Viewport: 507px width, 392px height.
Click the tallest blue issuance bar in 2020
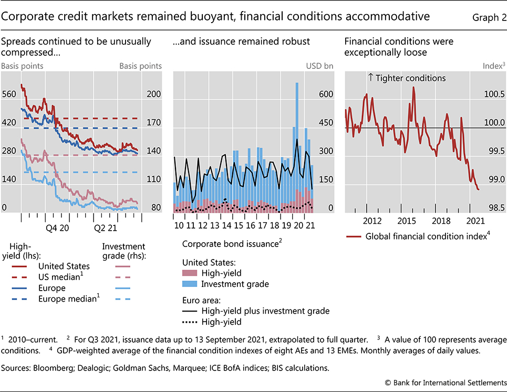pyautogui.click(x=297, y=131)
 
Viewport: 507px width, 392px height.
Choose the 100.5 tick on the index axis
pyautogui.click(x=493, y=95)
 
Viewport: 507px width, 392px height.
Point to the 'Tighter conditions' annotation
pyautogui.click(x=407, y=78)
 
